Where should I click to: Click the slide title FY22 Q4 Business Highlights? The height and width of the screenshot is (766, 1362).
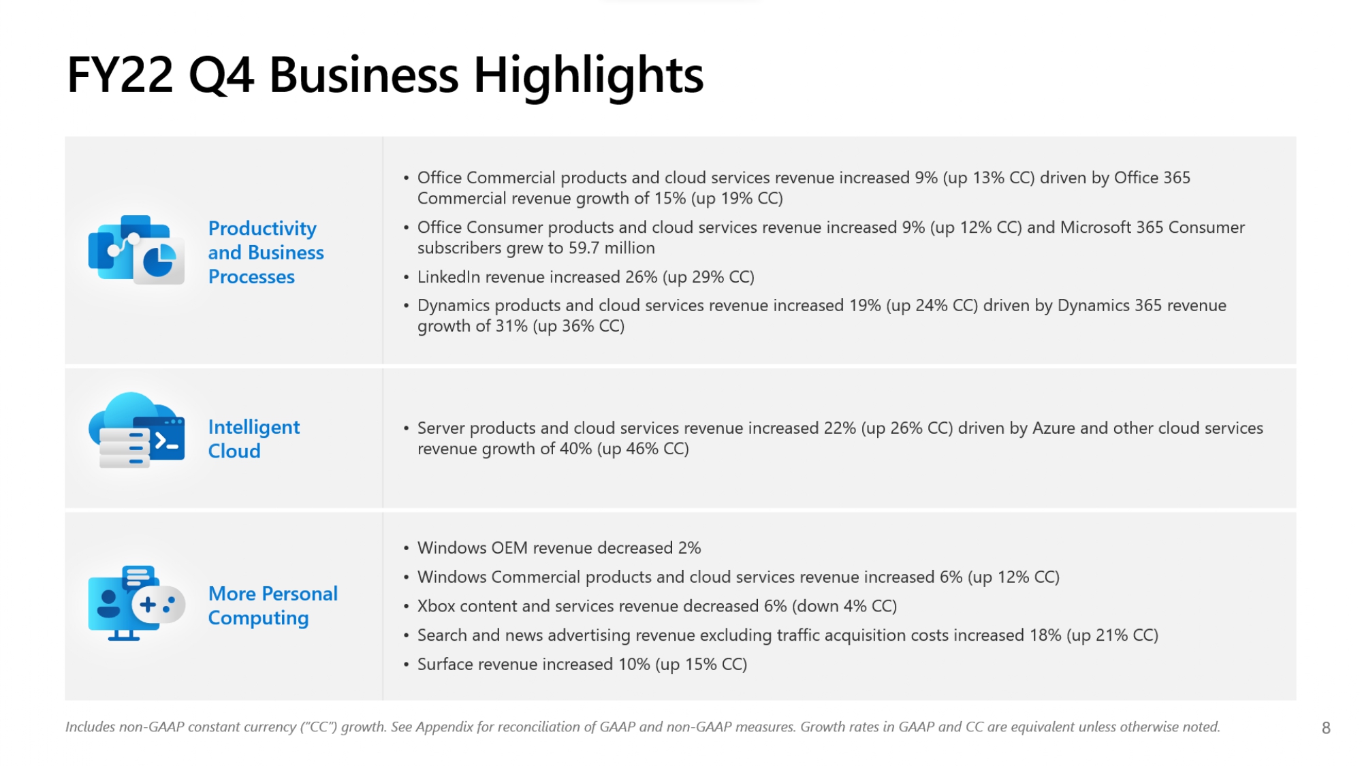pyautogui.click(x=385, y=75)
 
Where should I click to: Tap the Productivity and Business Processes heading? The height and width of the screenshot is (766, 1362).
pyautogui.click(x=266, y=253)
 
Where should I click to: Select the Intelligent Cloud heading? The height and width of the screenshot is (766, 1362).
pyautogui.click(x=253, y=438)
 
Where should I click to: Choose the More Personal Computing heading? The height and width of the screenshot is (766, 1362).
pyautogui.click(x=272, y=605)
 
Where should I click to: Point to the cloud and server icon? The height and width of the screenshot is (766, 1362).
pyautogui.click(x=136, y=430)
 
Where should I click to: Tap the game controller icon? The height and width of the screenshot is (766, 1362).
pyautogui.click(x=158, y=603)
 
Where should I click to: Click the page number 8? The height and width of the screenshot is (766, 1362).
pyautogui.click(x=1325, y=728)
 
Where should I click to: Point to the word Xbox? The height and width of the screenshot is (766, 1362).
pyautogui.click(x=436, y=606)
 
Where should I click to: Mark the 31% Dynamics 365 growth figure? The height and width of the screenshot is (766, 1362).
pyautogui.click(x=511, y=326)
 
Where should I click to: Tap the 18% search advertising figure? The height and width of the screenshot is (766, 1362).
pyautogui.click(x=1045, y=635)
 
